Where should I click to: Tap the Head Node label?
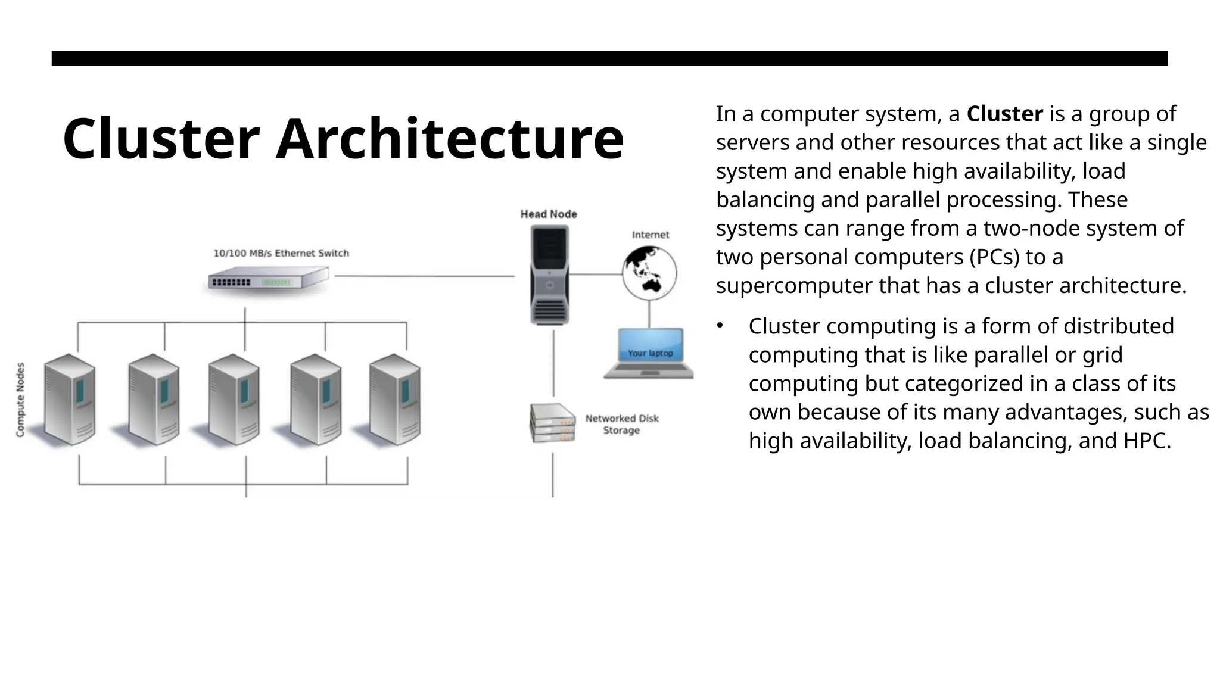(x=549, y=214)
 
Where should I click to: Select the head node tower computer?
(x=549, y=275)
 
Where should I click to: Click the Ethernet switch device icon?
(x=268, y=280)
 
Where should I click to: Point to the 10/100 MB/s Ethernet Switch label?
(x=281, y=253)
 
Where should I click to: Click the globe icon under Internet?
(x=649, y=273)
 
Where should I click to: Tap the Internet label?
(x=651, y=235)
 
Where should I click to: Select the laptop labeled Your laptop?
(x=649, y=353)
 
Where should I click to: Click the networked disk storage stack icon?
(x=552, y=423)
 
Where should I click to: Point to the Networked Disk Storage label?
(x=622, y=424)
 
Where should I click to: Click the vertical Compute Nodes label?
(x=21, y=400)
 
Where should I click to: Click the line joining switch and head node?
(x=424, y=276)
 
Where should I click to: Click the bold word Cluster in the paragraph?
(x=1004, y=114)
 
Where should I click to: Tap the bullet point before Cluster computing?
(x=720, y=325)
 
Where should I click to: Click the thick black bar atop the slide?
(x=609, y=58)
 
